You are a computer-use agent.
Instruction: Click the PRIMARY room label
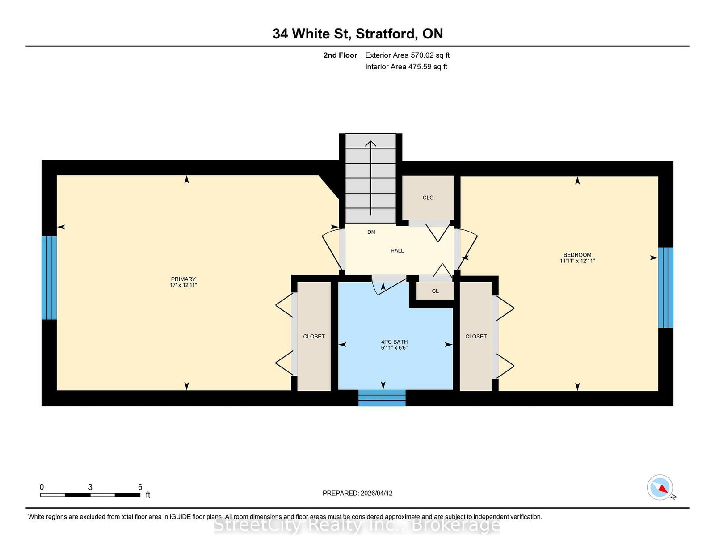click(183, 279)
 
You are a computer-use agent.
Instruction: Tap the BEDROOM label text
click(577, 255)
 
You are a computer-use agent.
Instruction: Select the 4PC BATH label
click(394, 342)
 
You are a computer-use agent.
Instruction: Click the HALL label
click(397, 250)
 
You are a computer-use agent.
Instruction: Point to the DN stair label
click(371, 232)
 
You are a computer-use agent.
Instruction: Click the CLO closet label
click(428, 198)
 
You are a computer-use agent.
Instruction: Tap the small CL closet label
click(435, 291)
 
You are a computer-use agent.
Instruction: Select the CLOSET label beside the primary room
click(314, 337)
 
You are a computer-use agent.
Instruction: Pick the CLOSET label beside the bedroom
click(476, 337)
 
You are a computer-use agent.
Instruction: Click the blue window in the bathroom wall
click(382, 397)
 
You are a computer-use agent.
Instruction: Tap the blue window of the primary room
click(49, 278)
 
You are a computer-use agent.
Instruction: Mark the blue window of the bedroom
click(666, 288)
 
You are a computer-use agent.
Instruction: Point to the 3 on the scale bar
click(90, 487)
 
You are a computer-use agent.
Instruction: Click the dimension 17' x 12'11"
click(183, 285)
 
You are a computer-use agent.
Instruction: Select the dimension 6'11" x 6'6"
click(394, 348)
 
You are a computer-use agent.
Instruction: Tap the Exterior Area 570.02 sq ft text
click(408, 55)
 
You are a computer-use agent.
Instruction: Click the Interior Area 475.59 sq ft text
click(406, 67)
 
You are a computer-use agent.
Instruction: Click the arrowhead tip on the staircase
click(371, 141)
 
